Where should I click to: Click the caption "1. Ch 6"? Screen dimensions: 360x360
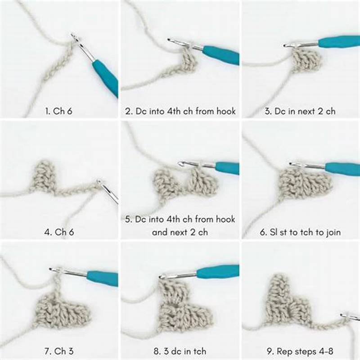click(x=59, y=111)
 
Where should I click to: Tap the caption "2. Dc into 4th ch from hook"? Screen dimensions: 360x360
click(x=180, y=111)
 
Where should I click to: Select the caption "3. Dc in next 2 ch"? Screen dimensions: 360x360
click(x=301, y=111)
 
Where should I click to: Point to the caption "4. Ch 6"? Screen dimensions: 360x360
click(x=59, y=233)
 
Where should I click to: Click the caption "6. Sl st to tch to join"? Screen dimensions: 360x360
click(x=301, y=233)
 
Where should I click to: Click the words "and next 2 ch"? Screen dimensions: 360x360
click(x=180, y=233)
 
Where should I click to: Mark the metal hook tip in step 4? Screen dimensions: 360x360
click(x=100, y=182)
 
